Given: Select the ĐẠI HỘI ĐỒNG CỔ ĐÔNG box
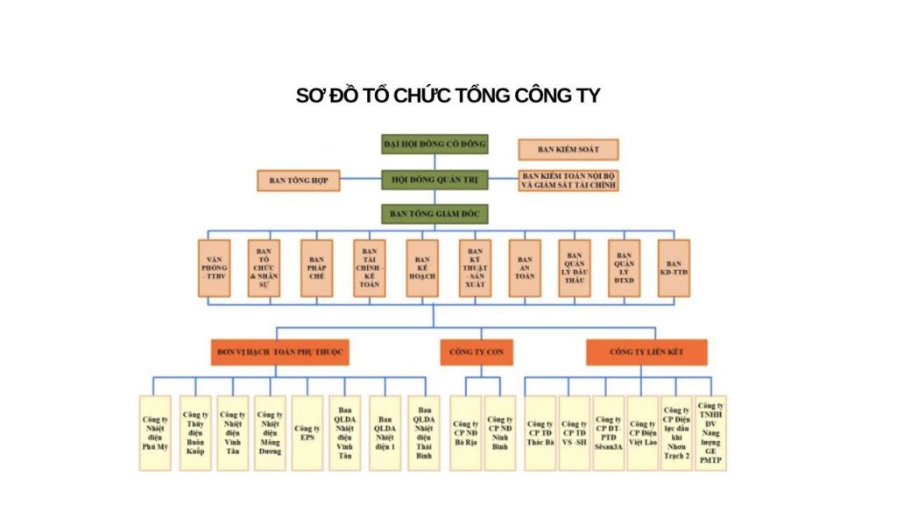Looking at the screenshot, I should (434, 144).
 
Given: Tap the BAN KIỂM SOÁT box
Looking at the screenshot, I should (568, 150).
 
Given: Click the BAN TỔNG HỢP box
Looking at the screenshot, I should (298, 181).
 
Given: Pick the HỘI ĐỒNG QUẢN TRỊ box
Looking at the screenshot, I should (434, 180).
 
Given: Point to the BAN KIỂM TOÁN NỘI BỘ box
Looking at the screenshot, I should (568, 181).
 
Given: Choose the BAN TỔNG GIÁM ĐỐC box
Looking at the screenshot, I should (434, 213).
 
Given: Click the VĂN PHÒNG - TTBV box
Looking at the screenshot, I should (215, 268).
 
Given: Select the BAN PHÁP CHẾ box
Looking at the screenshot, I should (317, 268).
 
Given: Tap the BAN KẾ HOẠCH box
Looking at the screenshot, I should (422, 268).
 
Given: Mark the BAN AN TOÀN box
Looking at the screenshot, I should (525, 268).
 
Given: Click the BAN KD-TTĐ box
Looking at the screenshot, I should (674, 268).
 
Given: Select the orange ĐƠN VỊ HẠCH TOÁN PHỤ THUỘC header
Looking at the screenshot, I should (279, 352).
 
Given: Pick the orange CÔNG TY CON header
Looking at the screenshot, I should (477, 352).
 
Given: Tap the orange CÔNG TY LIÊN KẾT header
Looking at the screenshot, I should (646, 352).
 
